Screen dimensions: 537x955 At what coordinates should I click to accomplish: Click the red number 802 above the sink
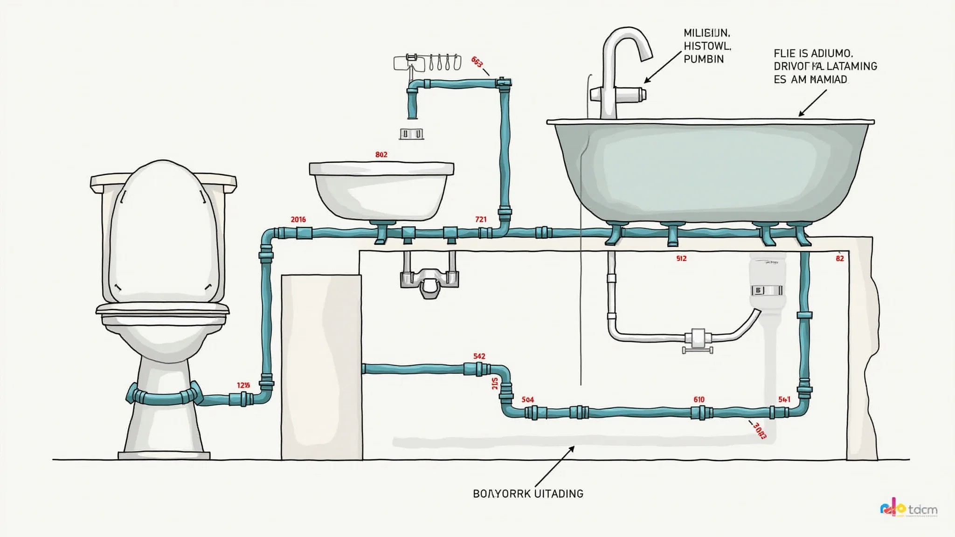pos(381,154)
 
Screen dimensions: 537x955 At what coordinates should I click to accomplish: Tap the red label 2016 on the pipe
pos(298,219)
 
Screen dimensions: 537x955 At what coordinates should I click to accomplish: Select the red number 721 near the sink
pos(481,219)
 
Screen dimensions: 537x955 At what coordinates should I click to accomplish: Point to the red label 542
pos(479,356)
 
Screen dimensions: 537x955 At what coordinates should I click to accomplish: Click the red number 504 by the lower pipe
pos(528,399)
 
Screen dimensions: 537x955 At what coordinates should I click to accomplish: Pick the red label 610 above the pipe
pos(699,399)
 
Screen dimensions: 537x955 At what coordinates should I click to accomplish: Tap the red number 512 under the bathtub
pos(681,258)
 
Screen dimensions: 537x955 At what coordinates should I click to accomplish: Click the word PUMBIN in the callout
pos(704,59)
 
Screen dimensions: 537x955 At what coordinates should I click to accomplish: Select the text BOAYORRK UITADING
pos(528,494)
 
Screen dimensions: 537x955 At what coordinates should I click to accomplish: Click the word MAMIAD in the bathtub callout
pos(829,80)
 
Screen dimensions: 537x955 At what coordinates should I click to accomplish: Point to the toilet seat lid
pos(163,233)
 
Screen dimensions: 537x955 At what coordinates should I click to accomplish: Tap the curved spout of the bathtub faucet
pos(627,42)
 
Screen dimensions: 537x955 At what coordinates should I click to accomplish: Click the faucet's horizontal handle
pos(618,94)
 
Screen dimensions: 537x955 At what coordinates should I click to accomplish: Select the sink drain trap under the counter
pos(429,280)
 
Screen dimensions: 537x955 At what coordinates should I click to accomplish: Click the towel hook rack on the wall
pos(427,62)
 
